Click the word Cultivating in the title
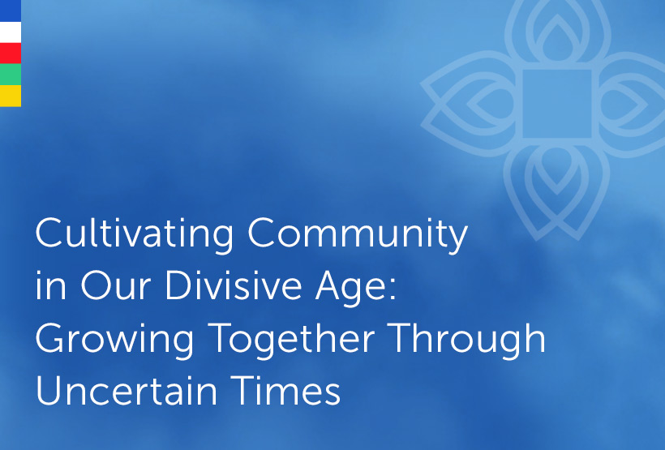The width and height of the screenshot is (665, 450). pyautogui.click(x=135, y=234)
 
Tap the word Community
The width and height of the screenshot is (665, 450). pyautogui.click(x=358, y=234)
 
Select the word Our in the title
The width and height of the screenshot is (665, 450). pyautogui.click(x=115, y=285)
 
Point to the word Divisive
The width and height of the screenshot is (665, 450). pyautogui.click(x=234, y=285)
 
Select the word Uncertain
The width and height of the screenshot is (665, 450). pyautogui.click(x=127, y=390)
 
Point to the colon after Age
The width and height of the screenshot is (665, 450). pyautogui.click(x=393, y=289)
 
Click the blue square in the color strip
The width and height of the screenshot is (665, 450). pyautogui.click(x=11, y=11)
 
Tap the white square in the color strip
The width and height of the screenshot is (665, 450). pyautogui.click(x=11, y=32)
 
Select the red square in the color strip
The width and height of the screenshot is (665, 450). pyautogui.click(x=11, y=54)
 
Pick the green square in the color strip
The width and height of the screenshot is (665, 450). pyautogui.click(x=11, y=75)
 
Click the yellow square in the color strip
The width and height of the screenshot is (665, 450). pyautogui.click(x=11, y=96)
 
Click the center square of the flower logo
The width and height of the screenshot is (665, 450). pyautogui.click(x=557, y=104)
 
